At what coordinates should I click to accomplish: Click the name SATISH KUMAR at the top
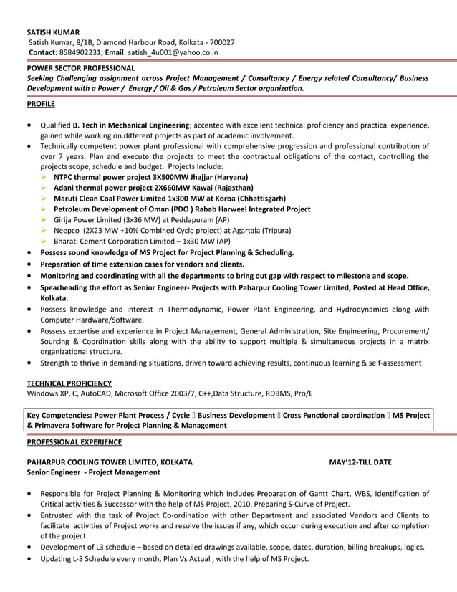click(53, 32)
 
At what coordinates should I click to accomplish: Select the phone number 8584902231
click(80, 52)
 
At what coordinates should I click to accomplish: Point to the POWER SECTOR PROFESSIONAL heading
click(80, 68)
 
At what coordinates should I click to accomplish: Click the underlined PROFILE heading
click(41, 104)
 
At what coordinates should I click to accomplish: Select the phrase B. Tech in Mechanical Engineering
click(131, 125)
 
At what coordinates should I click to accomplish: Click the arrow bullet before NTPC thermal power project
click(44, 176)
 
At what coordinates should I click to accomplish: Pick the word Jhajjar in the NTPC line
click(193, 176)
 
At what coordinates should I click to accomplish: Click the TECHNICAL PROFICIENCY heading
click(69, 383)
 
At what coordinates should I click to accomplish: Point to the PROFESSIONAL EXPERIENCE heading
click(74, 442)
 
